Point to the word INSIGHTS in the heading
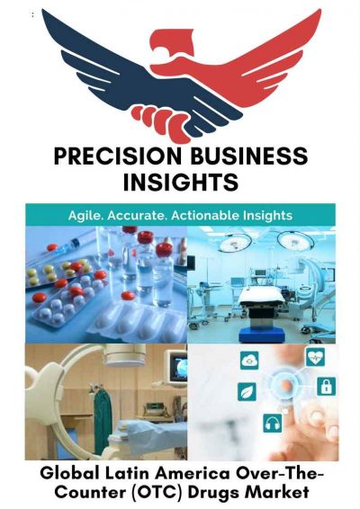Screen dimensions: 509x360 pyautogui.click(x=180, y=183)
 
